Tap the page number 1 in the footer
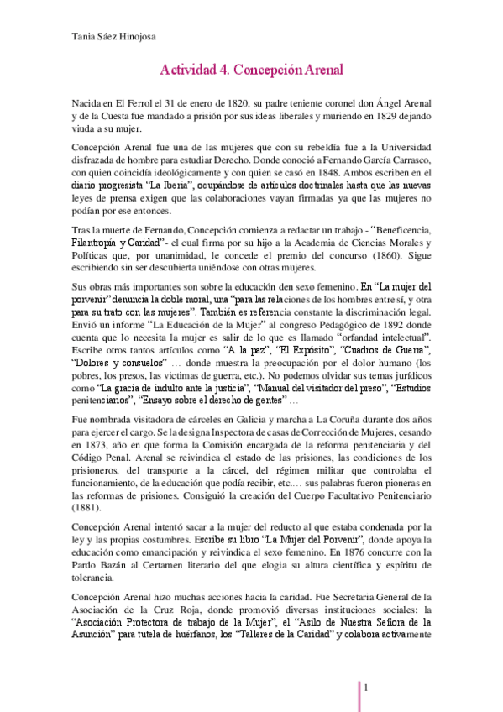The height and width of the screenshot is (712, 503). (x=367, y=688)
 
